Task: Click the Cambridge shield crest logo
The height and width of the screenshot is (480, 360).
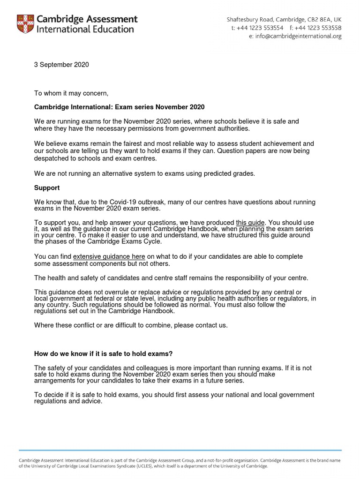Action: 25,24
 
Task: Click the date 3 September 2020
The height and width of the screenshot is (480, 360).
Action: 61,65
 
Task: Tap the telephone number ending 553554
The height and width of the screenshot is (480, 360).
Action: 257,28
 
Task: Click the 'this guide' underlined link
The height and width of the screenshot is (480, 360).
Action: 250,222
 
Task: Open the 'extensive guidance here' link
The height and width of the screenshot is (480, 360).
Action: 109,256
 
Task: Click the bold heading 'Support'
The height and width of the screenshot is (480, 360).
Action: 47,187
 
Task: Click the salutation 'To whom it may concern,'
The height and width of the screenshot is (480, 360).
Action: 71,93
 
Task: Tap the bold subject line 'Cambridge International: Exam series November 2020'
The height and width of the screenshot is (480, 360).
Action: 120,107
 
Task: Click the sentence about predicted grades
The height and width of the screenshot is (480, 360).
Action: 144,173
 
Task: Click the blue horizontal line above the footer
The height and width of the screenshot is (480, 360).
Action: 180,450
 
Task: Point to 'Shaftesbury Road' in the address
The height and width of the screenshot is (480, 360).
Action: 248,19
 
